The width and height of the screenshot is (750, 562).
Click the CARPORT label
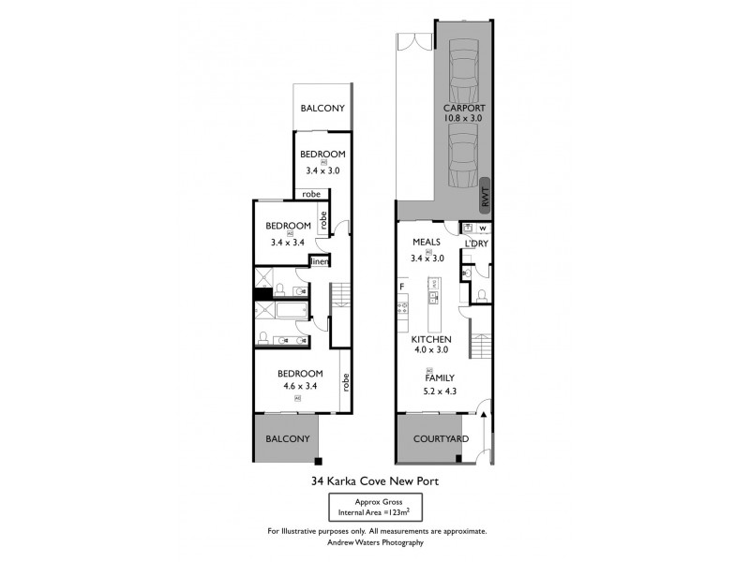pyautogui.click(x=463, y=107)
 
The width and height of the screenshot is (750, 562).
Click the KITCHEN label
pyautogui.click(x=430, y=338)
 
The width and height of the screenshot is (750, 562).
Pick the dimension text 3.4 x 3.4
pyautogui.click(x=289, y=242)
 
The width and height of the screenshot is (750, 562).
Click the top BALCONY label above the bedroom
pyautogui.click(x=322, y=109)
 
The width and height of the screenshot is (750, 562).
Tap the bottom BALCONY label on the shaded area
pyautogui.click(x=287, y=438)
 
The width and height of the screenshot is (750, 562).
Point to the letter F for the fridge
pyautogui.click(x=401, y=286)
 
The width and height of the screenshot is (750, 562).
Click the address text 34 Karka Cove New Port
pyautogui.click(x=375, y=482)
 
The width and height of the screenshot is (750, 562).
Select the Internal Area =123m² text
pyautogui.click(x=375, y=513)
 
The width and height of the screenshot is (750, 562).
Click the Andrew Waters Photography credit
pyautogui.click(x=375, y=542)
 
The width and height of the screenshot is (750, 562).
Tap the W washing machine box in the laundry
pyautogui.click(x=481, y=227)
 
